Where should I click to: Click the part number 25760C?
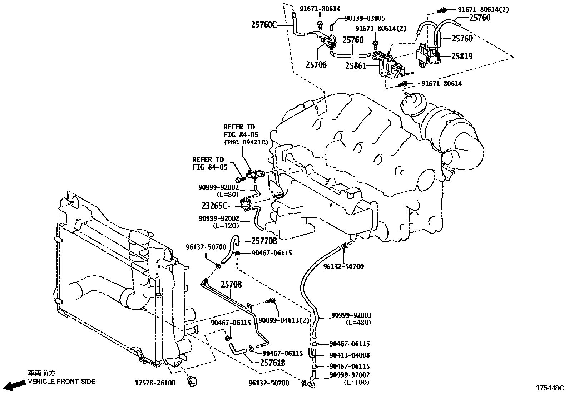coord(264,25)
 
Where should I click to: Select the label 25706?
coord(316,65)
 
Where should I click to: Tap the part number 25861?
coord(356,66)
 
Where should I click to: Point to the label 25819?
coord(461,56)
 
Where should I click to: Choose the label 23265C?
coord(214,206)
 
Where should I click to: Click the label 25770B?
coord(264,241)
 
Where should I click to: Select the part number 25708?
coord(231,285)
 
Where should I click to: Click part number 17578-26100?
coord(155,383)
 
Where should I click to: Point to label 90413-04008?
coord(350,355)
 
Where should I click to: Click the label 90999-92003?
coord(351,315)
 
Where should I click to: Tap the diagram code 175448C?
coord(549,388)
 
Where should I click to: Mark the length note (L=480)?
coord(358,323)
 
